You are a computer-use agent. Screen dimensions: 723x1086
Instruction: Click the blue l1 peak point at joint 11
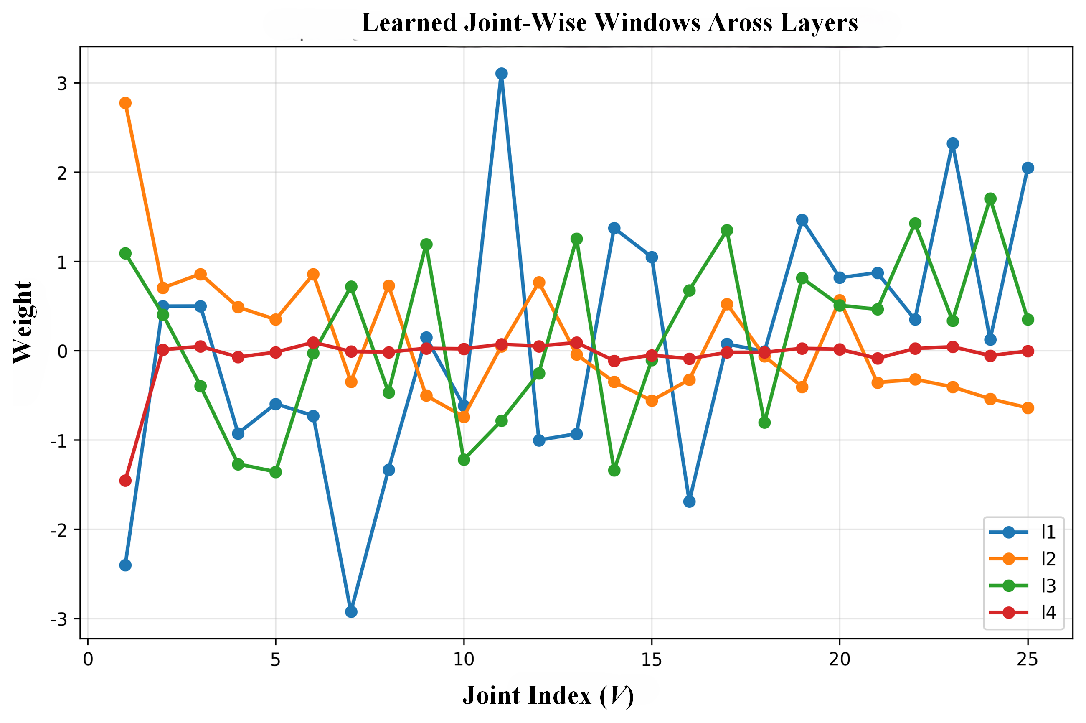(x=501, y=74)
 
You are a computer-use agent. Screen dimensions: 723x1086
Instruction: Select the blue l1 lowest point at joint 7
(x=351, y=612)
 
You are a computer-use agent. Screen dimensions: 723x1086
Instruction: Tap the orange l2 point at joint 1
(x=125, y=103)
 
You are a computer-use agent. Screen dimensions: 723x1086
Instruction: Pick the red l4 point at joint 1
(x=125, y=481)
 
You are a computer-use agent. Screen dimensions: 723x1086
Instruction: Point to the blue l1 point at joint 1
(x=125, y=565)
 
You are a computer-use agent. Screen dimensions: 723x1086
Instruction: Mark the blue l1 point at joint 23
(x=953, y=144)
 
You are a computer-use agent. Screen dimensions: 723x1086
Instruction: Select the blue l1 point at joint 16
(x=689, y=502)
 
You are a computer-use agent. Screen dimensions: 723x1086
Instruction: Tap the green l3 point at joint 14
(x=614, y=470)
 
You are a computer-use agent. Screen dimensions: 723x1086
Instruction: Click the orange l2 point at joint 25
(x=1028, y=408)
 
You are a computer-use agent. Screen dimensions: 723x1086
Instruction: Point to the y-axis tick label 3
(x=62, y=84)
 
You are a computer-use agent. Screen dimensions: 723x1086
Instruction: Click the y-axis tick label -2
(x=58, y=530)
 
